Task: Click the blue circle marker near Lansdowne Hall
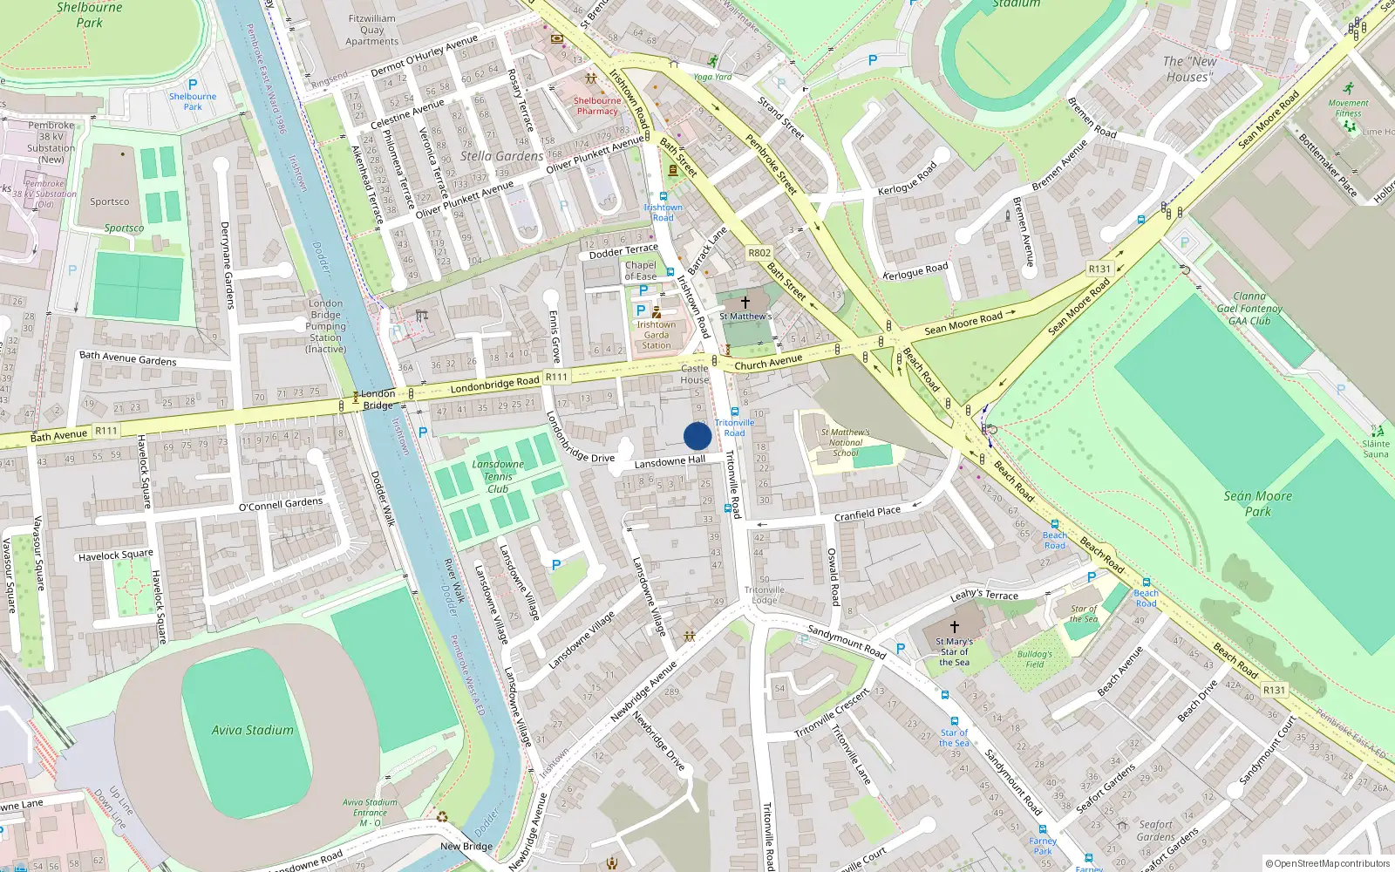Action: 697,436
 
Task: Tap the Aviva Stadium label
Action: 253,730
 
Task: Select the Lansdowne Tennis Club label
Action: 498,476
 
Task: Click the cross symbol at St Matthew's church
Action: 745,302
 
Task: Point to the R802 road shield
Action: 759,253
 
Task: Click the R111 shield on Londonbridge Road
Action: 556,378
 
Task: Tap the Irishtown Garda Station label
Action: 657,335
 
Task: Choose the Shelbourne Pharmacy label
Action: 597,106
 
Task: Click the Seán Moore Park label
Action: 1257,503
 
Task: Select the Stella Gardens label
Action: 501,156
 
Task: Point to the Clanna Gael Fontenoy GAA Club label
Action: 1249,309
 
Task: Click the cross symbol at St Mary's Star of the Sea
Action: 954,627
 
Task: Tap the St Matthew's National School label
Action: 845,442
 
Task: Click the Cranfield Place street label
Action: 867,514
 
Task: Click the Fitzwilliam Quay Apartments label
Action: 371,30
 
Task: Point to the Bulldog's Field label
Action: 1034,658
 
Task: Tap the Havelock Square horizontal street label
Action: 115,555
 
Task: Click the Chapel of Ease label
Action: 640,270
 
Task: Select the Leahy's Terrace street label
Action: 983,595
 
